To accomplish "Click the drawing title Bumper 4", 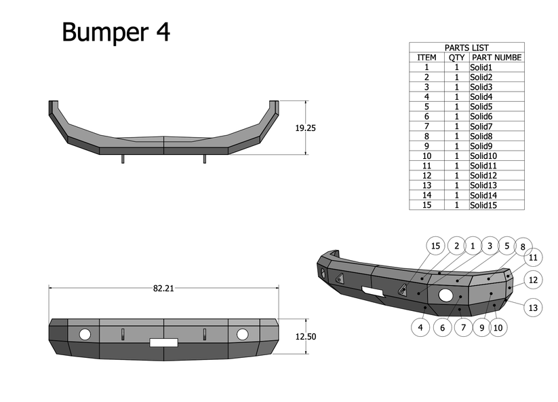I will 116,31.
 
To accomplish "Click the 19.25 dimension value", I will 306,128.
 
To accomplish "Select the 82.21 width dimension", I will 163,288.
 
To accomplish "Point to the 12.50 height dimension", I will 306,336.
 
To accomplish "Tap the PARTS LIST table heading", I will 466,48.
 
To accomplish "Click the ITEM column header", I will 426,58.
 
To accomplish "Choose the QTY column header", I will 456,58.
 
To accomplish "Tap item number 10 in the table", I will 426,156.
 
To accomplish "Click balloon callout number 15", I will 436,246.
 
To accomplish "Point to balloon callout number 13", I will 533,308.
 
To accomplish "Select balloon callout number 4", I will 420,327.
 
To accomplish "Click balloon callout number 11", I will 533,257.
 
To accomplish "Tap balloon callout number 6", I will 442,327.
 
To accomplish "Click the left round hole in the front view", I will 85,334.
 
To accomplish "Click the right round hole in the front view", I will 243,334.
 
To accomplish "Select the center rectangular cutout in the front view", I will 163,343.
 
